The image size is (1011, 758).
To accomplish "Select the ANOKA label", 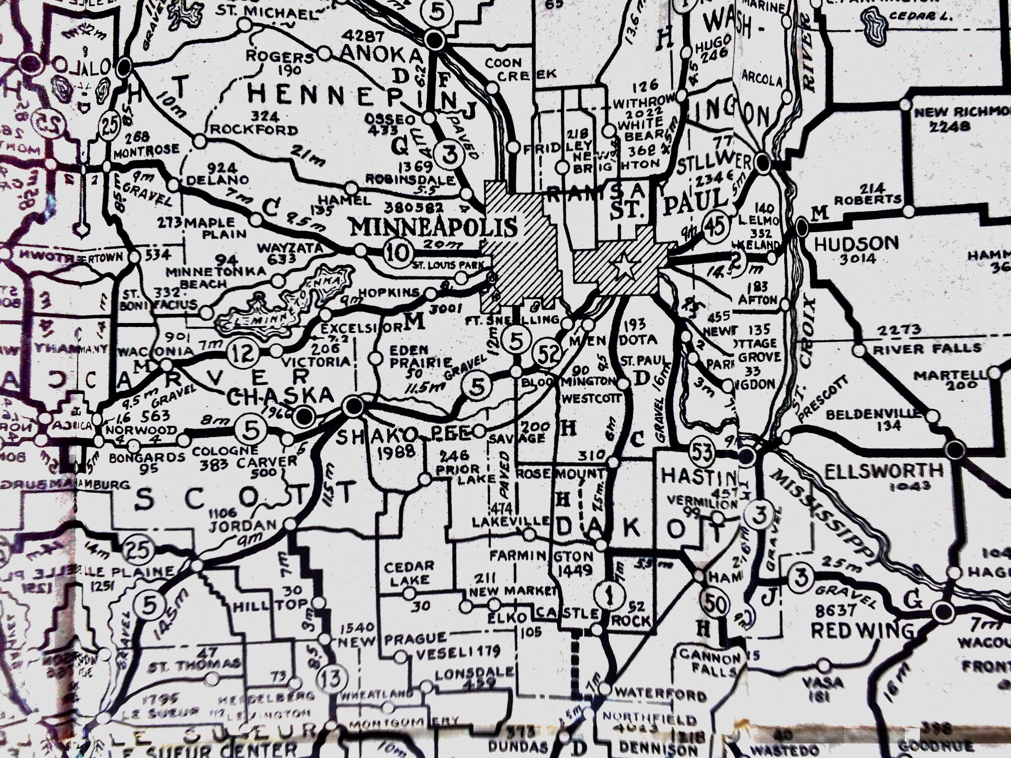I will tap(382, 55).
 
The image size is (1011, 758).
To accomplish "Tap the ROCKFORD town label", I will tap(254, 130).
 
